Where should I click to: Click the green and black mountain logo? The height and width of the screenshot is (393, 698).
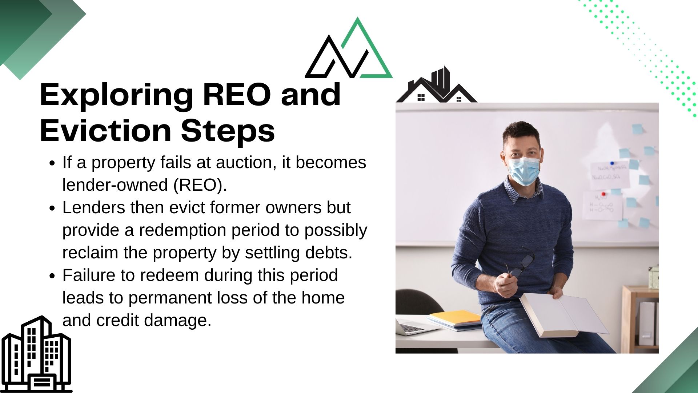[349, 48]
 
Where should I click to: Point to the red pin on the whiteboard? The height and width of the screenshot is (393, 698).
[604, 194]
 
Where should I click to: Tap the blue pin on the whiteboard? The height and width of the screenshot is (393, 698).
[612, 163]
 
